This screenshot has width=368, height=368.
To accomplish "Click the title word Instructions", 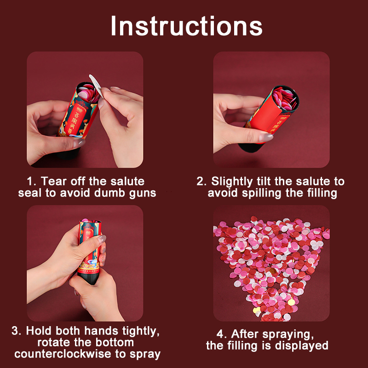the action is click(186, 26).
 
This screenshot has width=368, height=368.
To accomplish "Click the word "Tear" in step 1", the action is click(54, 181).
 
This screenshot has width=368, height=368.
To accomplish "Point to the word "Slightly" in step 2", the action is click(232, 182).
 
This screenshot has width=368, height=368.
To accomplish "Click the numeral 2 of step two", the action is click(200, 181).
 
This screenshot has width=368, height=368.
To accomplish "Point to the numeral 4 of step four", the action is click(220, 334).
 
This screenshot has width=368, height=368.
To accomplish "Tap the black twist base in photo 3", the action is click(88, 279).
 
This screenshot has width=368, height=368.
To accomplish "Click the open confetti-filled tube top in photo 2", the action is click(285, 98).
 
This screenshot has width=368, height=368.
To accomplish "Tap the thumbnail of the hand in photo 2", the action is click(266, 137).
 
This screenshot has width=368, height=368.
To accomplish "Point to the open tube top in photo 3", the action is click(90, 221).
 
